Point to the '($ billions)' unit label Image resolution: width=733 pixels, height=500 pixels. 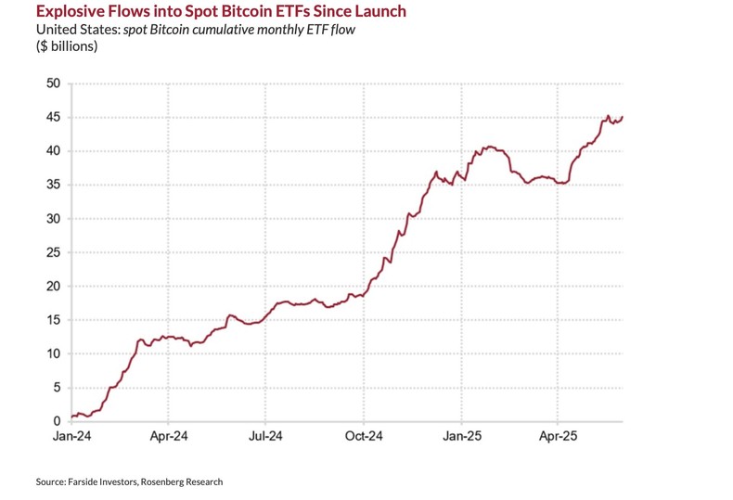pos(67,46)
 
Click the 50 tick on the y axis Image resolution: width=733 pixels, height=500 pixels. pos(53,83)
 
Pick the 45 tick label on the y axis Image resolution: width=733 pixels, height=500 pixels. pos(53,118)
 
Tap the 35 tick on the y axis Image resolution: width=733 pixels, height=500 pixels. pos(53,185)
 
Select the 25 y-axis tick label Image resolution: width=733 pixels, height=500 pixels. pos(53,252)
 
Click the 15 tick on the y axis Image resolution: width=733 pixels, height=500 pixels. pos(53,320)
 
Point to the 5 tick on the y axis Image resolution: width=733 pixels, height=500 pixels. pos(57,388)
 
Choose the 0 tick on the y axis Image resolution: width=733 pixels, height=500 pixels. pos(57,421)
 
